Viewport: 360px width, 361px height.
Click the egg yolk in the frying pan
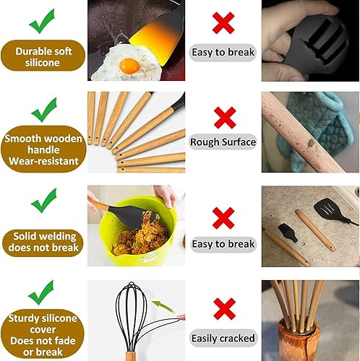click(129, 66)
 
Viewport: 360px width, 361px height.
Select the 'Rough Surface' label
click(223, 142)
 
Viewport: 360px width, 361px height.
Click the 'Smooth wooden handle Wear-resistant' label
click(43, 149)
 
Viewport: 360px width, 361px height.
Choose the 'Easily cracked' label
click(223, 338)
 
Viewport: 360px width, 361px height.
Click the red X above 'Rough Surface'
click(223, 116)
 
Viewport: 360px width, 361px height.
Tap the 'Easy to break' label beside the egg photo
click(223, 52)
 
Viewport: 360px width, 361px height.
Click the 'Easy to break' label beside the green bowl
click(223, 244)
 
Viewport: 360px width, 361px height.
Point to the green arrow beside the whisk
click(166, 306)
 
